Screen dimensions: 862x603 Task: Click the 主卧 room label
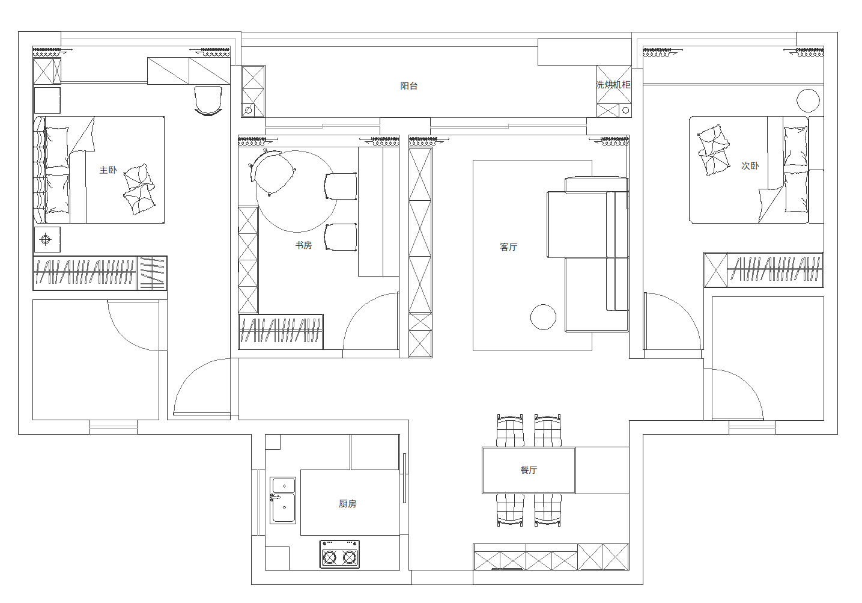click(108, 170)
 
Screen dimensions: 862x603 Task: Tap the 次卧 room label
click(750, 165)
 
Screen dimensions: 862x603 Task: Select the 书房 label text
click(303, 245)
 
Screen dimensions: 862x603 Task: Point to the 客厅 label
click(508, 247)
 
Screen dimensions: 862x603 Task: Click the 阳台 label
click(408, 85)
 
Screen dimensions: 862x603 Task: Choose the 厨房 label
click(347, 504)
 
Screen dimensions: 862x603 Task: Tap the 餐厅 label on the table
click(529, 470)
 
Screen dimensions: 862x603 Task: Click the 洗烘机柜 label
click(613, 84)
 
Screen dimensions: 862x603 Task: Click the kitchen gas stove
click(339, 554)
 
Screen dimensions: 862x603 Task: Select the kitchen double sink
click(283, 500)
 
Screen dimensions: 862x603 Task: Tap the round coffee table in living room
click(543, 317)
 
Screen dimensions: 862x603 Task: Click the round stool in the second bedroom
click(808, 100)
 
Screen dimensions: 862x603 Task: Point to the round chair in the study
click(273, 172)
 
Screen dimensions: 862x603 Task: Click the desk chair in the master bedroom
click(208, 100)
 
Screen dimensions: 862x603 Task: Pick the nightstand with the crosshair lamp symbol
click(47, 239)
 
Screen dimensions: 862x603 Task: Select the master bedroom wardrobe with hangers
click(100, 272)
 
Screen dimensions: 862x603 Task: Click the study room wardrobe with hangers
click(281, 332)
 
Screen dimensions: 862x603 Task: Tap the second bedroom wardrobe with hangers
click(763, 270)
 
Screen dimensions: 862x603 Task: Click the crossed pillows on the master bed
click(139, 189)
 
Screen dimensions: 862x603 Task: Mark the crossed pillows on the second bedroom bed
click(714, 150)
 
